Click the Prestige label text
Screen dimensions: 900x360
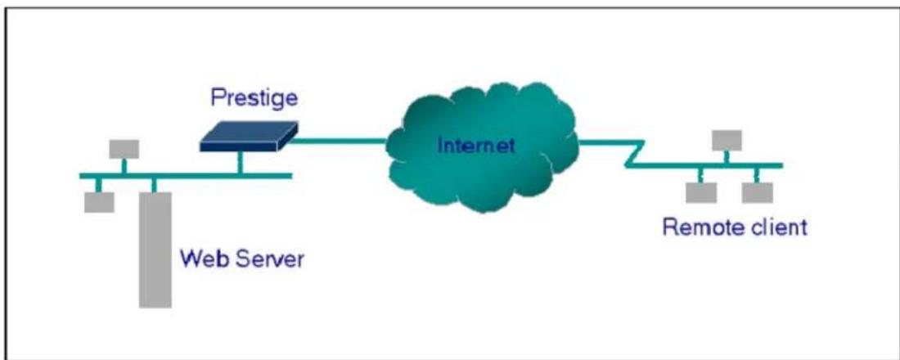[254, 97]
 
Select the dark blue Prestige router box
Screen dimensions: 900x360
[249, 137]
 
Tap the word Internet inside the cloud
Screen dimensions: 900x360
[476, 145]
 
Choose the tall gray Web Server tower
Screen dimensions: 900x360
[155, 250]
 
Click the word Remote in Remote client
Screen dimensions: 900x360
[700, 227]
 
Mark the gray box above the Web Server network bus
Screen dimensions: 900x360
[124, 149]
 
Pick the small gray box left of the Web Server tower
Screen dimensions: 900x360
[99, 202]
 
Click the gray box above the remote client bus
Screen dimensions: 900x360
[727, 140]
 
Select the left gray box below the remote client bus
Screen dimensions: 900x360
[701, 193]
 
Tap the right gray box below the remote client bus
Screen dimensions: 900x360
[757, 193]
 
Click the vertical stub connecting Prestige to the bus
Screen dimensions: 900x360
[240, 163]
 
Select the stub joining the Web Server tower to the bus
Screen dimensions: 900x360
[153, 185]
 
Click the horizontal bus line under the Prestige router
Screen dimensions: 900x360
[186, 176]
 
